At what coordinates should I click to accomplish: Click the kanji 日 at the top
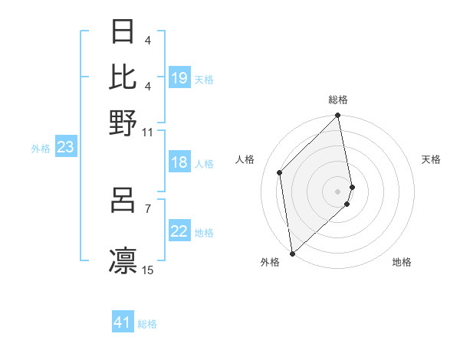[x=123, y=32]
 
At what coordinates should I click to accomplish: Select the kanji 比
[x=123, y=77]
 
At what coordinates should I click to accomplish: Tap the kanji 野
[x=123, y=122]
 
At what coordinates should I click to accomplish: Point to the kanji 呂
[x=123, y=201]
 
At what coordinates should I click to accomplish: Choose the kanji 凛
[x=123, y=260]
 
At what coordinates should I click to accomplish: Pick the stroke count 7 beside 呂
[x=147, y=208]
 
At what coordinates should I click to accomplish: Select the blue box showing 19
[x=179, y=78]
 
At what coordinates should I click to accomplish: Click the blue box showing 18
[x=179, y=162]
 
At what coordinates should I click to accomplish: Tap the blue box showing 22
[x=179, y=231]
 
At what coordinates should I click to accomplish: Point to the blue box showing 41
[x=123, y=322]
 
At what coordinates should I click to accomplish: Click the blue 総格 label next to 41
[x=147, y=324]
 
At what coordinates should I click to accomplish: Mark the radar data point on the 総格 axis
[x=338, y=116]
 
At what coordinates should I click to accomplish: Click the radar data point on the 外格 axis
[x=292, y=253]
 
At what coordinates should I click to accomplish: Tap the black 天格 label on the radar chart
[x=431, y=159]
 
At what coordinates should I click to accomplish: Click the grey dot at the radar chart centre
[x=338, y=190]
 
